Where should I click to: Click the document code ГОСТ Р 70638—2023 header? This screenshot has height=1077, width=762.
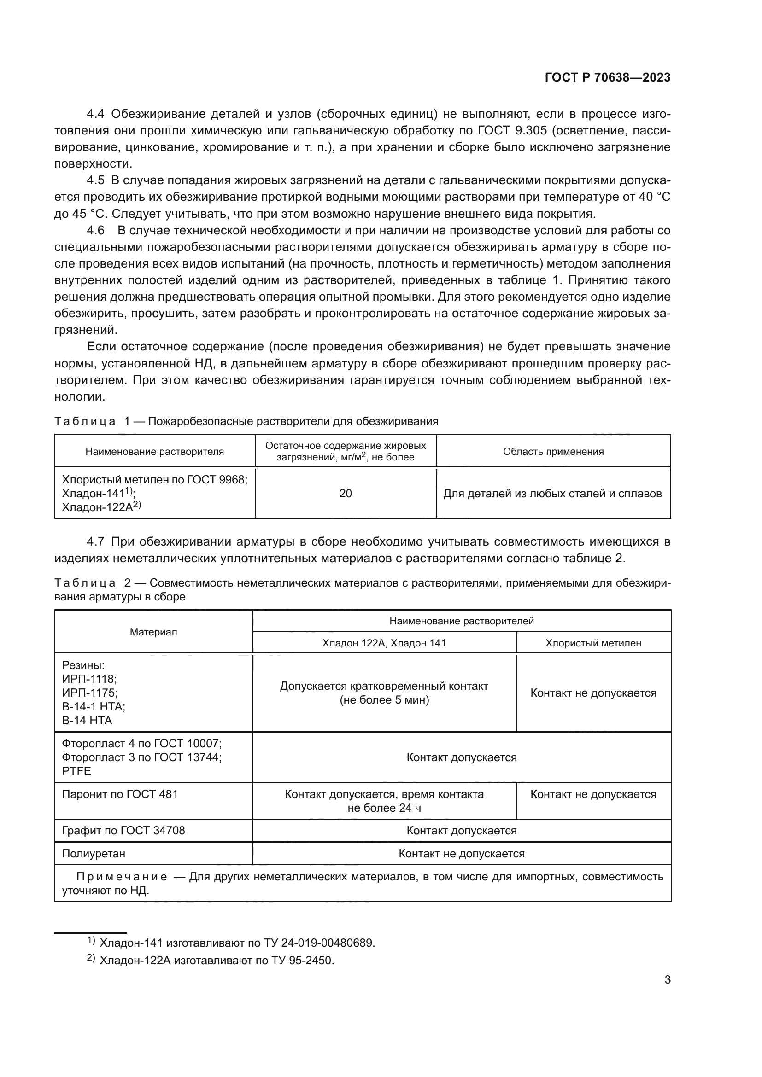[x=607, y=78]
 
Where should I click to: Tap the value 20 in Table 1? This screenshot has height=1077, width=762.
[x=346, y=494]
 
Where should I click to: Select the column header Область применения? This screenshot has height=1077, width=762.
[x=553, y=451]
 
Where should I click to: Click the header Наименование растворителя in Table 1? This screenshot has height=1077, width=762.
[x=154, y=451]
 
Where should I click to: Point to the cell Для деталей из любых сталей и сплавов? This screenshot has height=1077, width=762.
[x=552, y=494]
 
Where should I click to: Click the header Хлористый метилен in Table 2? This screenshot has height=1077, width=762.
[x=592, y=643]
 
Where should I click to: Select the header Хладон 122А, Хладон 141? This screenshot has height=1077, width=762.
[x=384, y=643]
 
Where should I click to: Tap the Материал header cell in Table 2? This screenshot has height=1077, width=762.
[x=153, y=632]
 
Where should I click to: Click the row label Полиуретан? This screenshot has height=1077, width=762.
[x=94, y=854]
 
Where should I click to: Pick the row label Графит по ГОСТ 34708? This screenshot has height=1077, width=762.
[x=123, y=831]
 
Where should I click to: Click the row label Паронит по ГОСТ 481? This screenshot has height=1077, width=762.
[x=120, y=794]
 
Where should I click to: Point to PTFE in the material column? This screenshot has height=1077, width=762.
[x=76, y=771]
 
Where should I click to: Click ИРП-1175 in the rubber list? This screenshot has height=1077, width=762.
[x=89, y=693]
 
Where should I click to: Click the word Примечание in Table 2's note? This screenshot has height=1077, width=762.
[x=122, y=877]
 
